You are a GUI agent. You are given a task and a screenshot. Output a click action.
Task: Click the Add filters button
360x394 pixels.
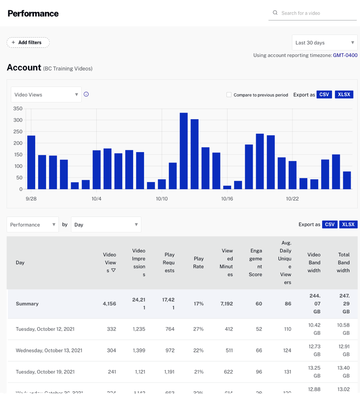point(28,42)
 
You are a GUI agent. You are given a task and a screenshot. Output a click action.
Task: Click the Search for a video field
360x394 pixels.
point(316,13)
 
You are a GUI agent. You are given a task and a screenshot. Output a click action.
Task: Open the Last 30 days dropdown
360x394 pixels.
point(324,43)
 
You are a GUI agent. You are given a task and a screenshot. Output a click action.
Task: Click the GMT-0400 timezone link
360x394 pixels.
point(345,55)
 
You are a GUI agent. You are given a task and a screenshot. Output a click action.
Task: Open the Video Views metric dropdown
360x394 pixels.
point(46,95)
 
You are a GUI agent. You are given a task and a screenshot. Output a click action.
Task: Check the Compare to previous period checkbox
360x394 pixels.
point(229,95)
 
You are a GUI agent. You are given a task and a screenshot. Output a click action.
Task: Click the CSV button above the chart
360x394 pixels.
point(324,94)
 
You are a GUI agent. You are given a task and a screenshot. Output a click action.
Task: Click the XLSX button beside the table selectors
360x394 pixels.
point(348,225)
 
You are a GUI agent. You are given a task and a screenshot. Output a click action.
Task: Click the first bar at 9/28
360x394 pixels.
point(31,162)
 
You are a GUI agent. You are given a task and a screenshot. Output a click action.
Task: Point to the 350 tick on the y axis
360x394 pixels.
point(18,109)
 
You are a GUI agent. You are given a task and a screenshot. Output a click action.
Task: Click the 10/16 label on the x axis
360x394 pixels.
point(227,199)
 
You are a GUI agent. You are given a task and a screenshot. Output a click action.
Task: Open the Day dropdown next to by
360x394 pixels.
point(106,225)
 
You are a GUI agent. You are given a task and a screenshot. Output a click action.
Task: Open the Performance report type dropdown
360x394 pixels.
point(33,225)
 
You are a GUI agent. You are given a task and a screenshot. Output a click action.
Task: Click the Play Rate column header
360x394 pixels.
point(198,263)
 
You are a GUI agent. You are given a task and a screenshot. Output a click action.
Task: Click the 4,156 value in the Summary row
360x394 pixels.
point(109,304)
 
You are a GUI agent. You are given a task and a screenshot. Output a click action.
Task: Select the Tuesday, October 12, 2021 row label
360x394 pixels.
point(45,329)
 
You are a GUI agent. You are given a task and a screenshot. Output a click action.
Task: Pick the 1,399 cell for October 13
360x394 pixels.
point(140,350)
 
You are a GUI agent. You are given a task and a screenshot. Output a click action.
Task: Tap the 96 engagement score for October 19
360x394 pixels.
point(259,372)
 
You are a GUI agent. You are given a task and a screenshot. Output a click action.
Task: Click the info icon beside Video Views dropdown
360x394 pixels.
point(86,94)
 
